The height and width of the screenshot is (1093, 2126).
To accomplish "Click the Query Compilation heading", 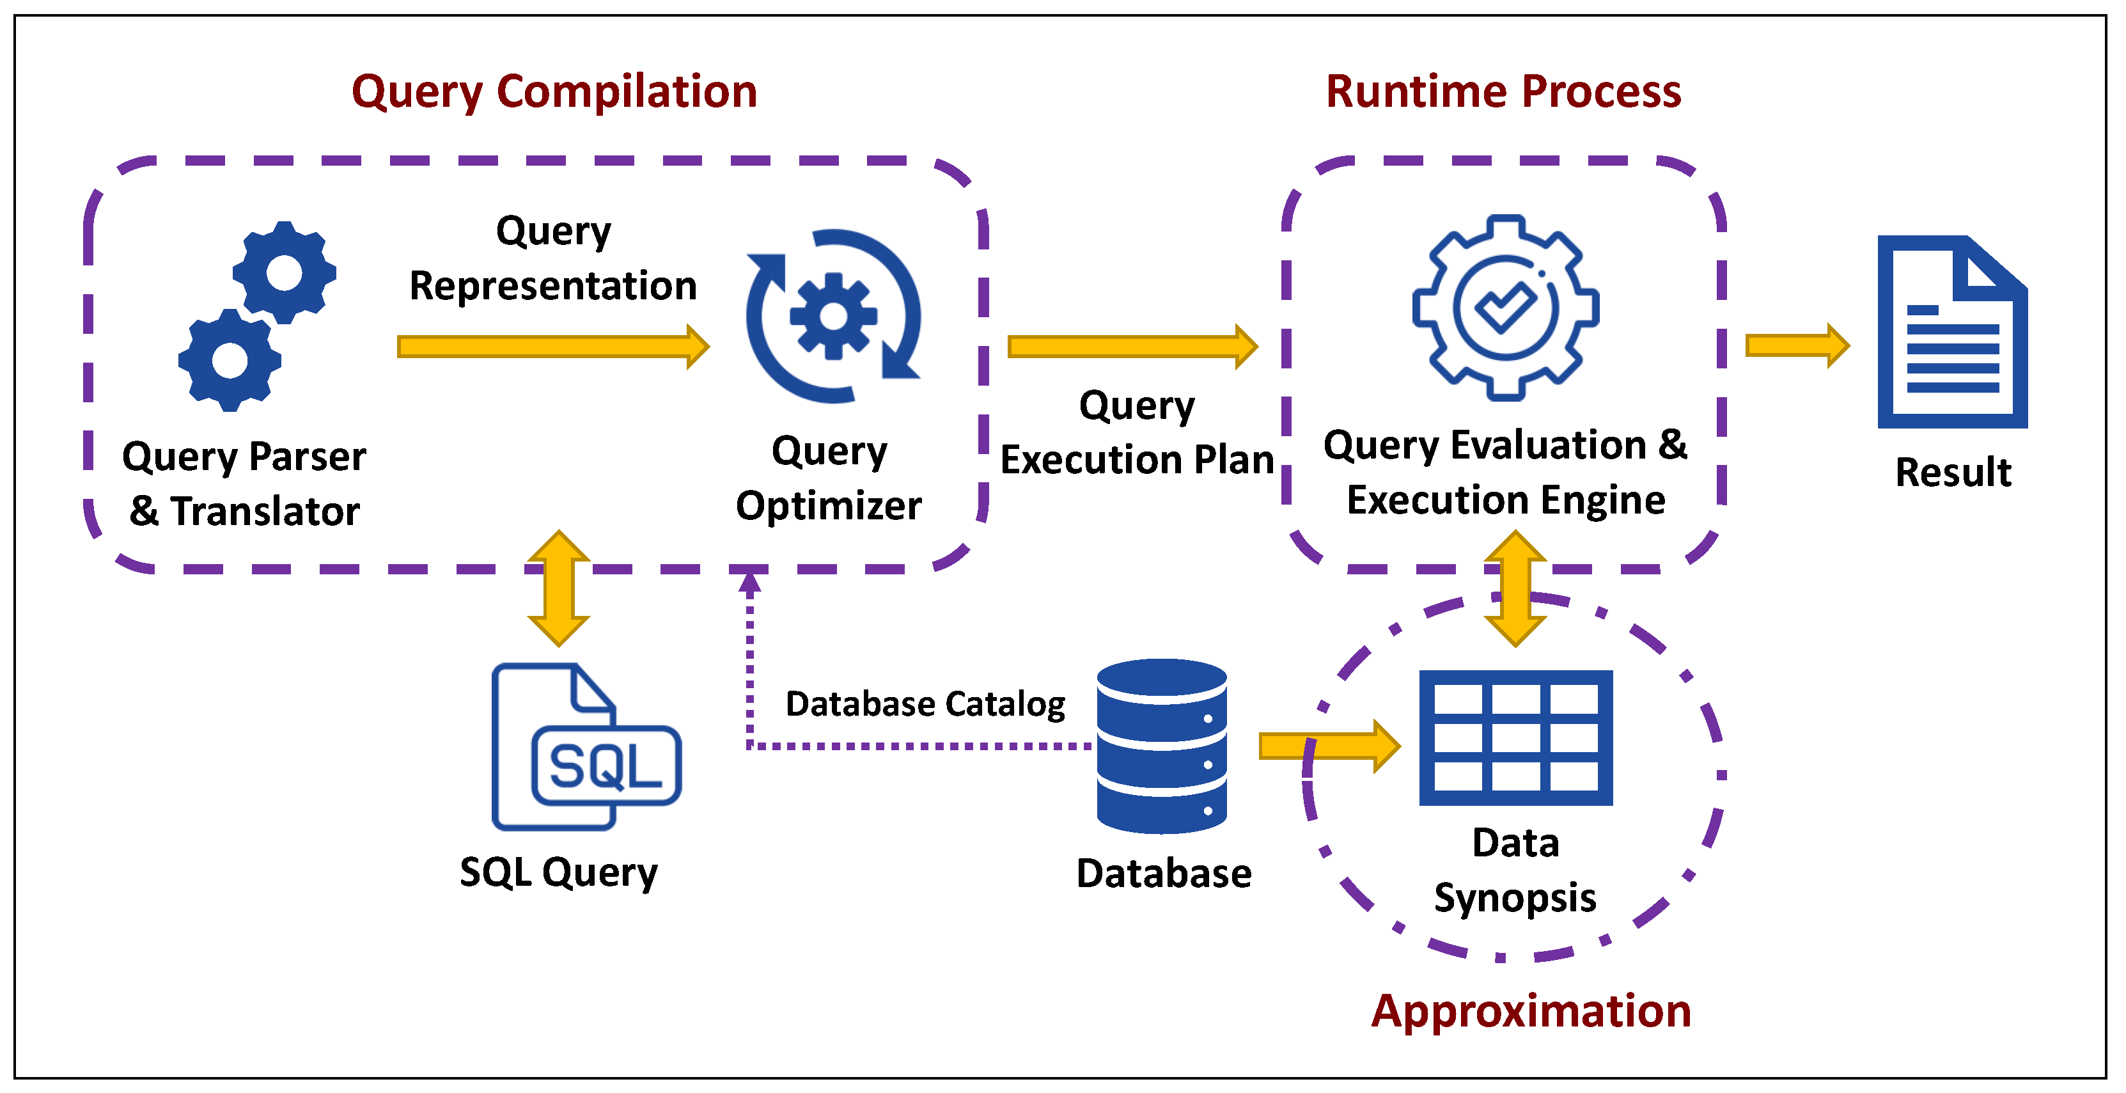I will pos(554,91).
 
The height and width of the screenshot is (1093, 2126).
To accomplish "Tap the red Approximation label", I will pos(1531,1010).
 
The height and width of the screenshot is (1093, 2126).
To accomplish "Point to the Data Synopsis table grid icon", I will pos(1515,737).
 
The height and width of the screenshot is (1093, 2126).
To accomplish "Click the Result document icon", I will pos(1952,332).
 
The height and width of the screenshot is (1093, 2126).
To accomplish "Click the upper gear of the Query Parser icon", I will pos(285,272).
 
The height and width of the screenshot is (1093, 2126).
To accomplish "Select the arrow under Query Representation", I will pos(553,347).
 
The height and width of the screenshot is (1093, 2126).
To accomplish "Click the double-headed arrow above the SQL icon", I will pos(559,588).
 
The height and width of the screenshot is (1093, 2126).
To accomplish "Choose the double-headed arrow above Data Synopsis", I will pos(1515,588).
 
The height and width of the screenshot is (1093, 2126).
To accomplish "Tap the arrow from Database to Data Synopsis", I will pos(1329,746).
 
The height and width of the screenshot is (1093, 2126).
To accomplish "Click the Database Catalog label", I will pos(925,704).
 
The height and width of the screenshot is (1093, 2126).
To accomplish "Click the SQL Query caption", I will pos(559,872).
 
